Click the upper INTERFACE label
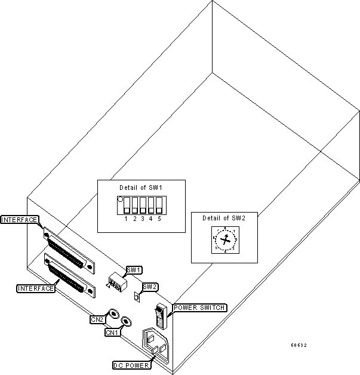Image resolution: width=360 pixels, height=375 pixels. pos(20,219)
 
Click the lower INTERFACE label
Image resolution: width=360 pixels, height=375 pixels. pos(35,288)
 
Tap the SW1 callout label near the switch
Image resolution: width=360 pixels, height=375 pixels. pos(134,269)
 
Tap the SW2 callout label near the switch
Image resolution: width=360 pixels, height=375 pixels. pos(150,287)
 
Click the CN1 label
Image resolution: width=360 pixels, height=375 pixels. pos(112,332)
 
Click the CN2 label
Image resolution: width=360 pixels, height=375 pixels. pos(97,319)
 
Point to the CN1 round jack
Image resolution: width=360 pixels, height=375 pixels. pos(126,323)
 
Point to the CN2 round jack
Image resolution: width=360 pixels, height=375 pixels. pos(112,313)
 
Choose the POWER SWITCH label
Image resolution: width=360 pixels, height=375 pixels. pos(199,308)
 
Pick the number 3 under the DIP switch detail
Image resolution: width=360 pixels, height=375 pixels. pos(143,219)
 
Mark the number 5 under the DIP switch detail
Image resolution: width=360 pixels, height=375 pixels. pos(159,219)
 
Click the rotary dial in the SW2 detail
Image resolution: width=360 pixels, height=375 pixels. pos(224,240)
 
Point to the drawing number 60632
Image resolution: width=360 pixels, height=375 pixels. pos(299,345)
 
